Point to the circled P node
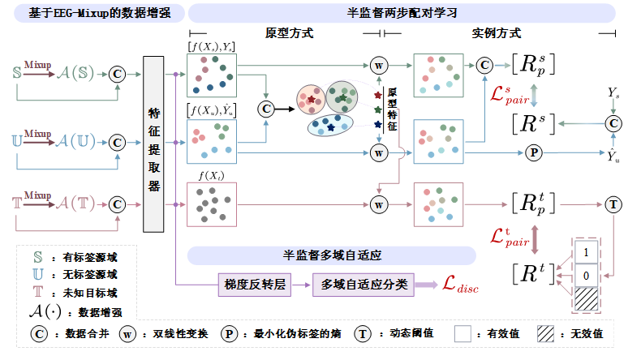pyautogui.click(x=534, y=152)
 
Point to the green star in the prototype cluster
pyautogui.click(x=343, y=97)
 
